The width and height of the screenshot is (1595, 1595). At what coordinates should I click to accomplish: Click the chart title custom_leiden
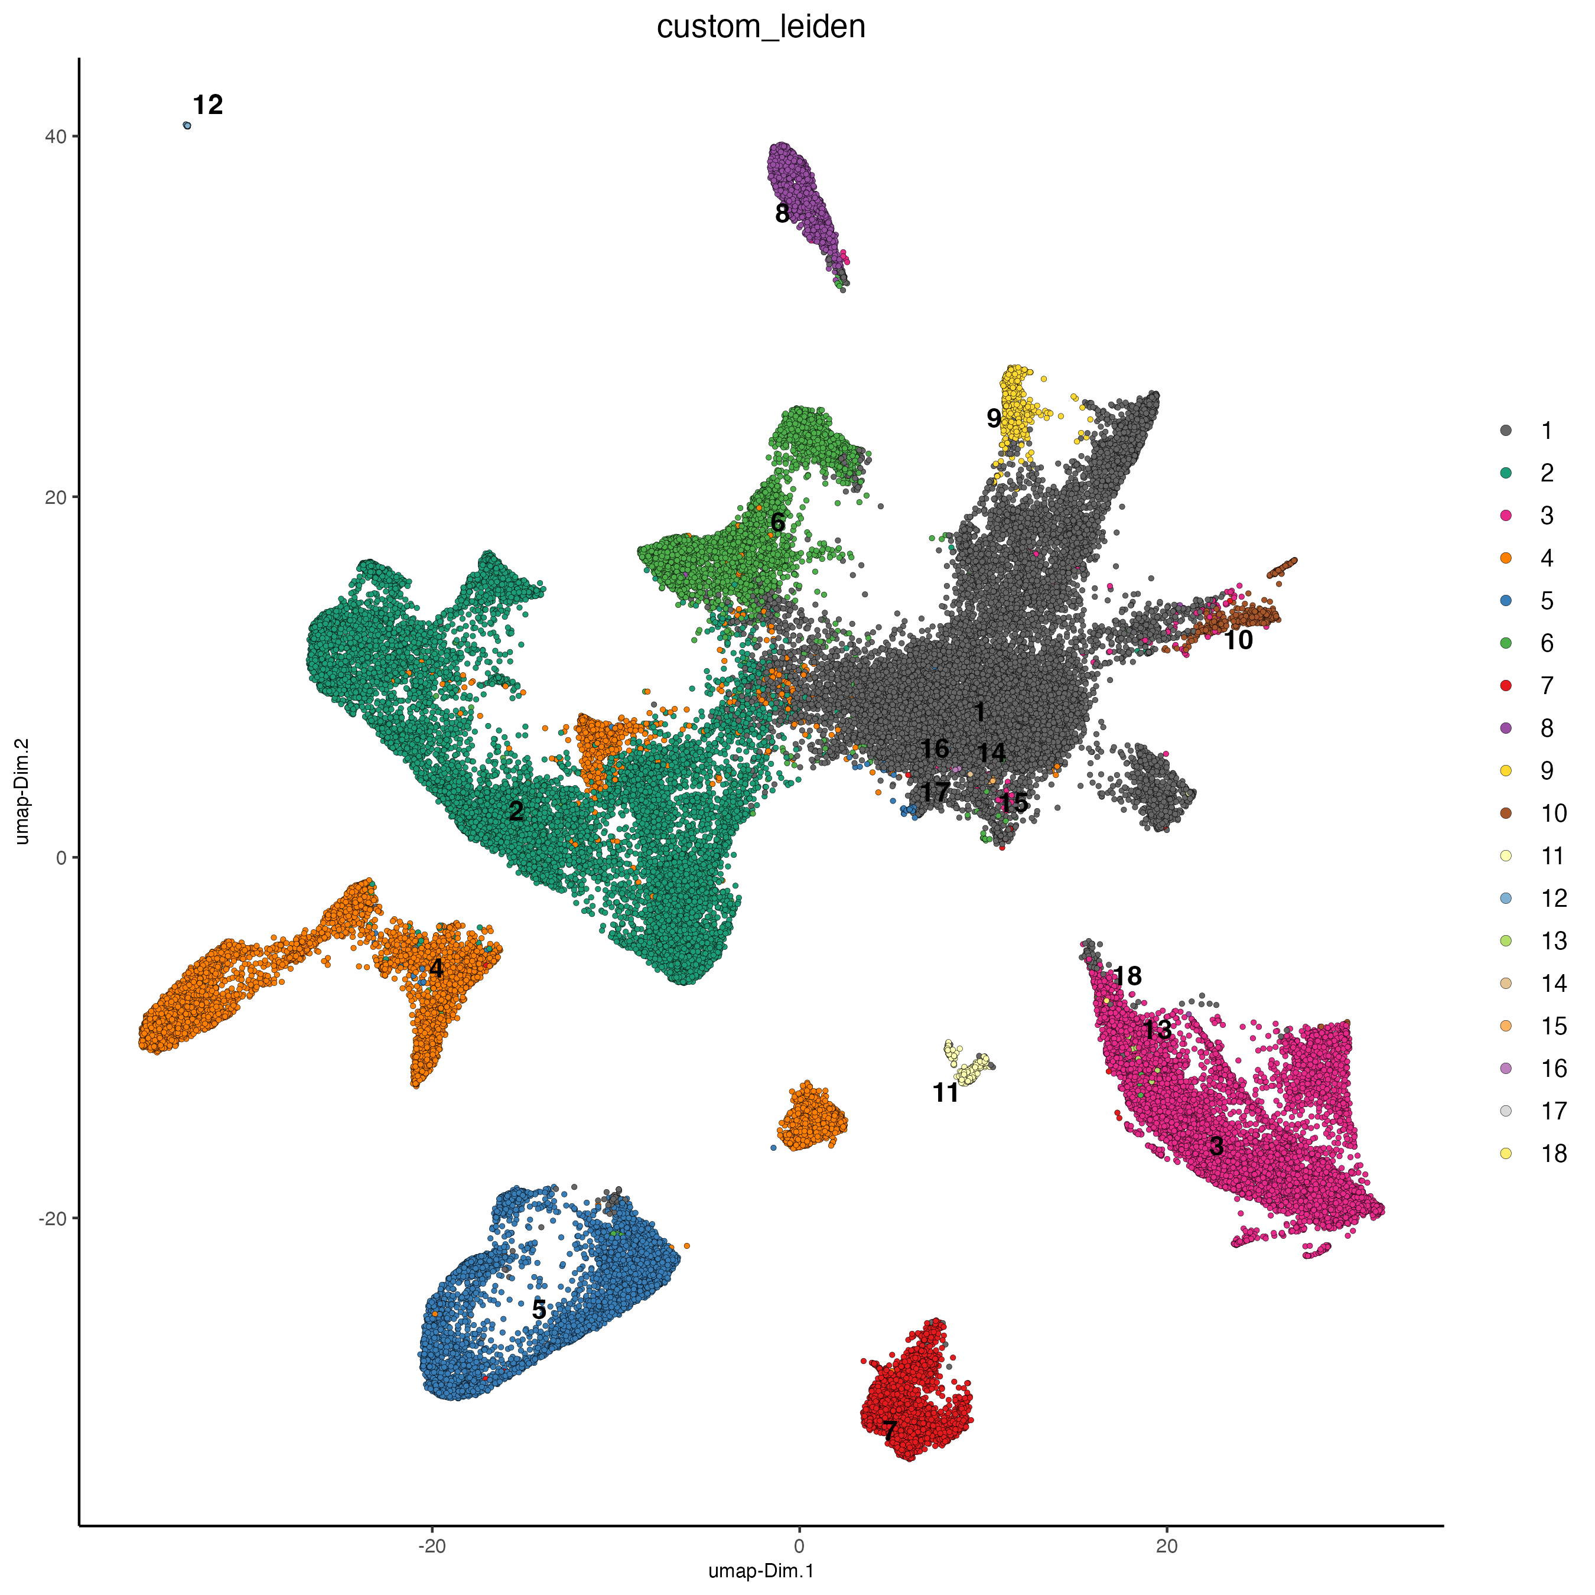coord(760,27)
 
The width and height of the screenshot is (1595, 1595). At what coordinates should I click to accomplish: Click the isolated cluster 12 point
coord(187,125)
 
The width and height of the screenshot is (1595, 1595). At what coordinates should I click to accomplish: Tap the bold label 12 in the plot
coord(208,105)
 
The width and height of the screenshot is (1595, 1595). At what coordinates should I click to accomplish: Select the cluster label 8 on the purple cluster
coord(782,214)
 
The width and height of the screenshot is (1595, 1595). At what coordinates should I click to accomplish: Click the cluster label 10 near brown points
coord(1238,640)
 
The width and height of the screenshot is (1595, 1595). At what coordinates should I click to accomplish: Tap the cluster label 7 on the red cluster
coord(889,1431)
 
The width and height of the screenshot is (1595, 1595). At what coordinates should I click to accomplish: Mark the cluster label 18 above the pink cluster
coord(1127,976)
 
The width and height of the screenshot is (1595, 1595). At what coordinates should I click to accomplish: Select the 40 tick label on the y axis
coord(56,136)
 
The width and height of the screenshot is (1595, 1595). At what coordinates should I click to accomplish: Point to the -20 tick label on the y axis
coord(52,1218)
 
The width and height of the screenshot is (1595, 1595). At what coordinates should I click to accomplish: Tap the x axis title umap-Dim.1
coord(760,1571)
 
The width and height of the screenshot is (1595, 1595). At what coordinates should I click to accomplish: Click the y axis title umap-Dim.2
coord(22,791)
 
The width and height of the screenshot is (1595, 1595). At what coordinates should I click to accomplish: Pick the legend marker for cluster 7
coord(1506,685)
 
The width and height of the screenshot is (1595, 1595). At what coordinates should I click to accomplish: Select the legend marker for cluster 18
coord(1506,1153)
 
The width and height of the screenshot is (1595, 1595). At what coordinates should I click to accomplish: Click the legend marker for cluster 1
coord(1506,430)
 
